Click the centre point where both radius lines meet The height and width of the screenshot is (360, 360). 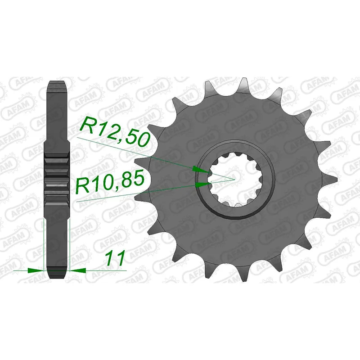point(234,179)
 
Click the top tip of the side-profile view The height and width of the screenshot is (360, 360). point(58,82)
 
